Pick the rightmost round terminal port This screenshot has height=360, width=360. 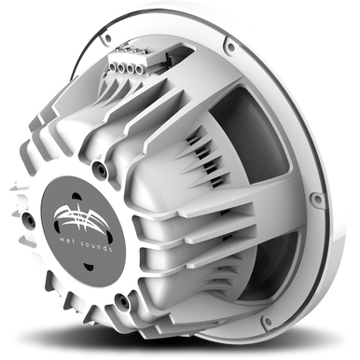click(138, 70)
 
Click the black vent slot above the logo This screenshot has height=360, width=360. click(76, 197)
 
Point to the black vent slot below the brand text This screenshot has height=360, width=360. click(89, 267)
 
